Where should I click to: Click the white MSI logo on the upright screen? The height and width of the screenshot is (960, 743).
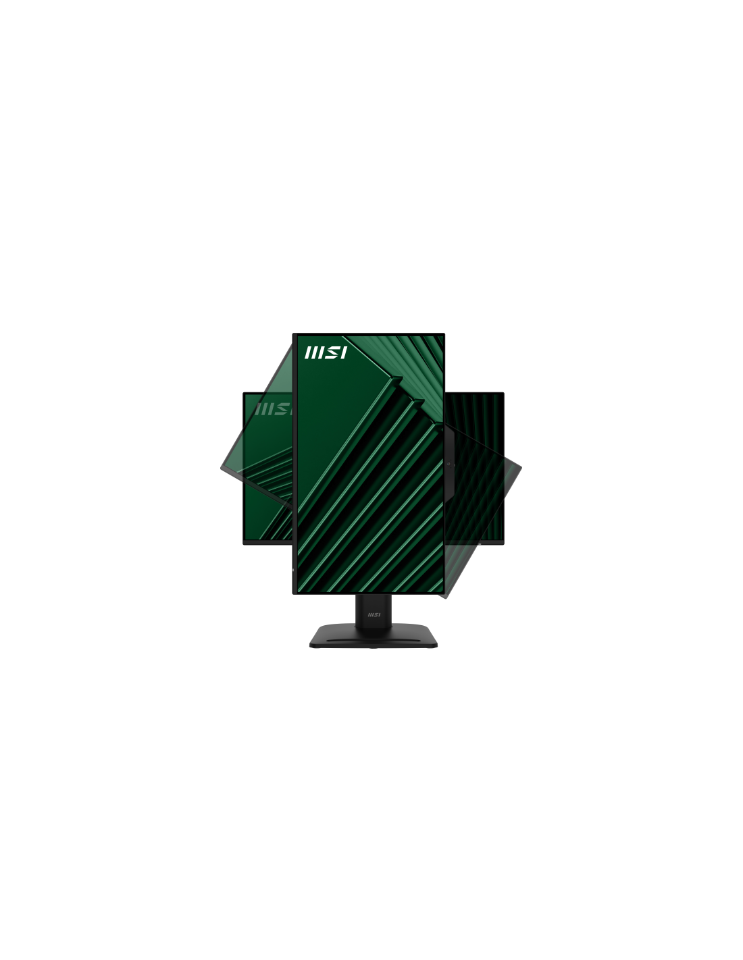326,352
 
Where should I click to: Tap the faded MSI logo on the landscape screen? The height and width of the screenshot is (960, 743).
273,408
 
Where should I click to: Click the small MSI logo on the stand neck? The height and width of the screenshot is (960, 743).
374,614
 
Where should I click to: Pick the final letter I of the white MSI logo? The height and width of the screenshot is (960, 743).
343,352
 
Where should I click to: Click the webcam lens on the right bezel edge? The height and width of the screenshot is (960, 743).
449,463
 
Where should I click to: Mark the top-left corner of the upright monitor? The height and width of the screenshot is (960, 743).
292,334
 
